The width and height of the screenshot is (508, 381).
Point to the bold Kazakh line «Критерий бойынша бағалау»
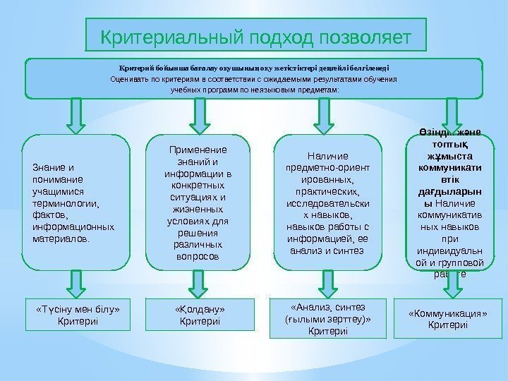coord(254,68)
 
